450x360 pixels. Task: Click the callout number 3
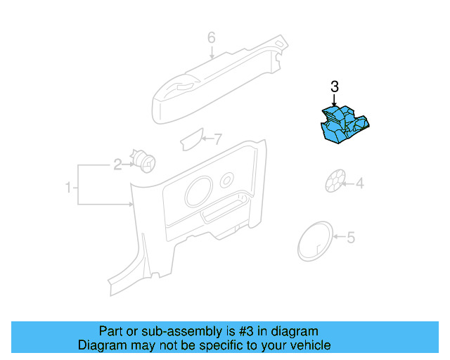coord(335,87)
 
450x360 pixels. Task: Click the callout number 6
coord(211,37)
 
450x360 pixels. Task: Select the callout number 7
coord(217,139)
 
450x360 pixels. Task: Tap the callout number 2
coord(118,165)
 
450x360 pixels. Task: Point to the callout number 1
coord(68,188)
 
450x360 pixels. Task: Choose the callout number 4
coord(359,184)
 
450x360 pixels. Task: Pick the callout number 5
coord(351,238)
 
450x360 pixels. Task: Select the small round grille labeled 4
coord(335,181)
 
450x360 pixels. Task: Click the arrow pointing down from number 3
coord(335,102)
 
